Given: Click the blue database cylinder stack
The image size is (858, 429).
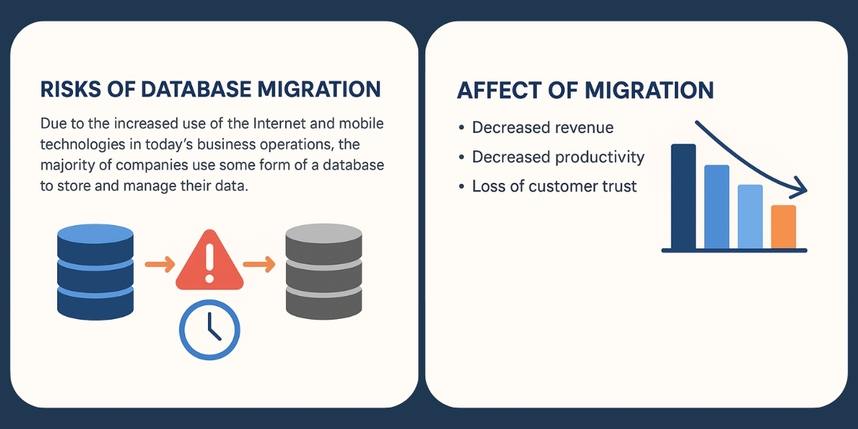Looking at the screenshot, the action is click(94, 271).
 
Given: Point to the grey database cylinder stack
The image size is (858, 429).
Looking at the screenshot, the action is click(323, 271).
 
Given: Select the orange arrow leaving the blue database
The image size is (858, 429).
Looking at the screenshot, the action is click(159, 265).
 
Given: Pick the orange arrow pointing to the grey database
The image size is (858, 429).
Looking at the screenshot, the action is click(259, 265).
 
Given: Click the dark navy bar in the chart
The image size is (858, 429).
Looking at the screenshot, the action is click(684, 196).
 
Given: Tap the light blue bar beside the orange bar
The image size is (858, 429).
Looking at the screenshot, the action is click(750, 216).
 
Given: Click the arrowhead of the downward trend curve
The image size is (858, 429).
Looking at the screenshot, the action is click(801, 190).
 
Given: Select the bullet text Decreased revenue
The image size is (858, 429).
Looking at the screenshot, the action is click(543, 128).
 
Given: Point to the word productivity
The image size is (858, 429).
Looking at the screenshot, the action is click(601, 157).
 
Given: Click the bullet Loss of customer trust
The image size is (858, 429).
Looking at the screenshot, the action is click(554, 187).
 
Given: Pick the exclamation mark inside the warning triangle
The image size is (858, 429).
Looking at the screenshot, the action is click(209, 263).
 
